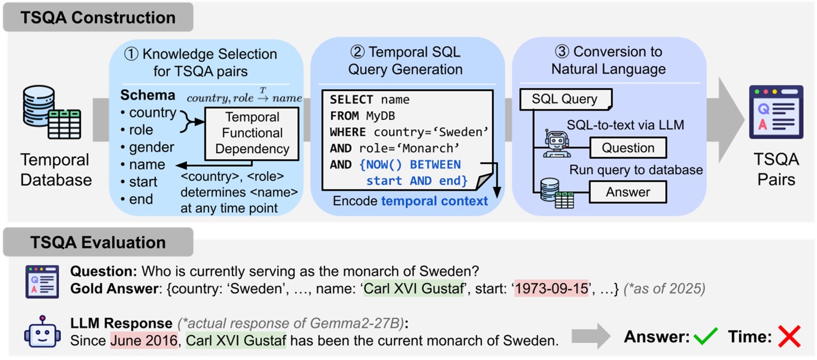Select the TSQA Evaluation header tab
tap(98, 242)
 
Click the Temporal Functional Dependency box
tap(252, 133)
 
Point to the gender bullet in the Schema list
tap(151, 147)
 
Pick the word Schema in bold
tap(148, 95)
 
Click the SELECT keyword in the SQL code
tap(351, 100)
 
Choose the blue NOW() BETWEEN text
tap(410, 164)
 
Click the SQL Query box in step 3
tap(565, 99)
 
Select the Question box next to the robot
tap(627, 148)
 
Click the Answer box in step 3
tap(627, 192)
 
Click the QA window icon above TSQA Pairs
tap(776, 112)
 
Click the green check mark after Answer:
tap(706, 338)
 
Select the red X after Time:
tap(789, 338)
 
